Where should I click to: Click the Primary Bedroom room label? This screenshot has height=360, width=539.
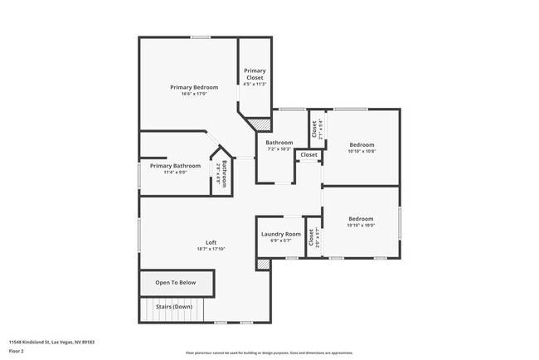tap(194, 87)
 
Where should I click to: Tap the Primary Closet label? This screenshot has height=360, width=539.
tap(255, 75)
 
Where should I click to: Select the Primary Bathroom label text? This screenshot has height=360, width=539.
tap(175, 166)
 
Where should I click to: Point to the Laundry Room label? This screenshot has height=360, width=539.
tap(281, 234)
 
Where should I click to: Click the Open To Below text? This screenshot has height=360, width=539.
tap(176, 283)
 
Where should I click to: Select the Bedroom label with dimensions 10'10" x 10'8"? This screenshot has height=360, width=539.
tap(361, 144)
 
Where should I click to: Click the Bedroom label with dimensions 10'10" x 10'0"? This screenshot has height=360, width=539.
tap(361, 219)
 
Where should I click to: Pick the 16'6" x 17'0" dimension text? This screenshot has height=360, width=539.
tap(194, 94)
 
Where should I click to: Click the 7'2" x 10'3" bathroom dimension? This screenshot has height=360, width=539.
tap(279, 149)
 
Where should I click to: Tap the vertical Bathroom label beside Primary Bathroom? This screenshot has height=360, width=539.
tap(221, 173)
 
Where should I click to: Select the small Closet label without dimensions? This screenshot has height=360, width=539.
tap(308, 155)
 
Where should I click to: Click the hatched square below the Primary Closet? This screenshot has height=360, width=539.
tap(261, 124)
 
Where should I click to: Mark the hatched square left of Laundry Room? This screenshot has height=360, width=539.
tap(263, 265)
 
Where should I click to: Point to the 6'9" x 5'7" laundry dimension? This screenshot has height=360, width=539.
tap(281, 241)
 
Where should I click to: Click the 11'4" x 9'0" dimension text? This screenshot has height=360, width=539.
tap(175, 173)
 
